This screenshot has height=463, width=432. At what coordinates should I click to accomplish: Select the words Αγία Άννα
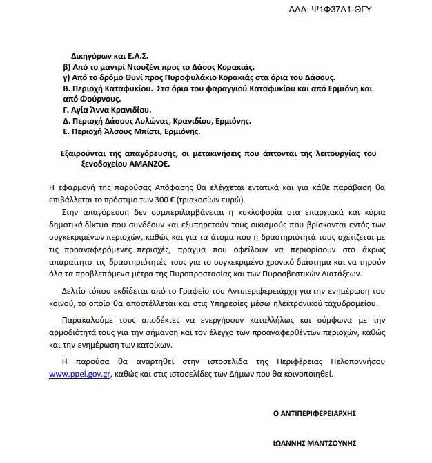(x=89, y=110)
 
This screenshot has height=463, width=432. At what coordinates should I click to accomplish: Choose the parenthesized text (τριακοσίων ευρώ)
(x=241, y=195)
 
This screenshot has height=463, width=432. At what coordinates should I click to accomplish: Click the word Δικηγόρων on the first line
(x=91, y=54)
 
